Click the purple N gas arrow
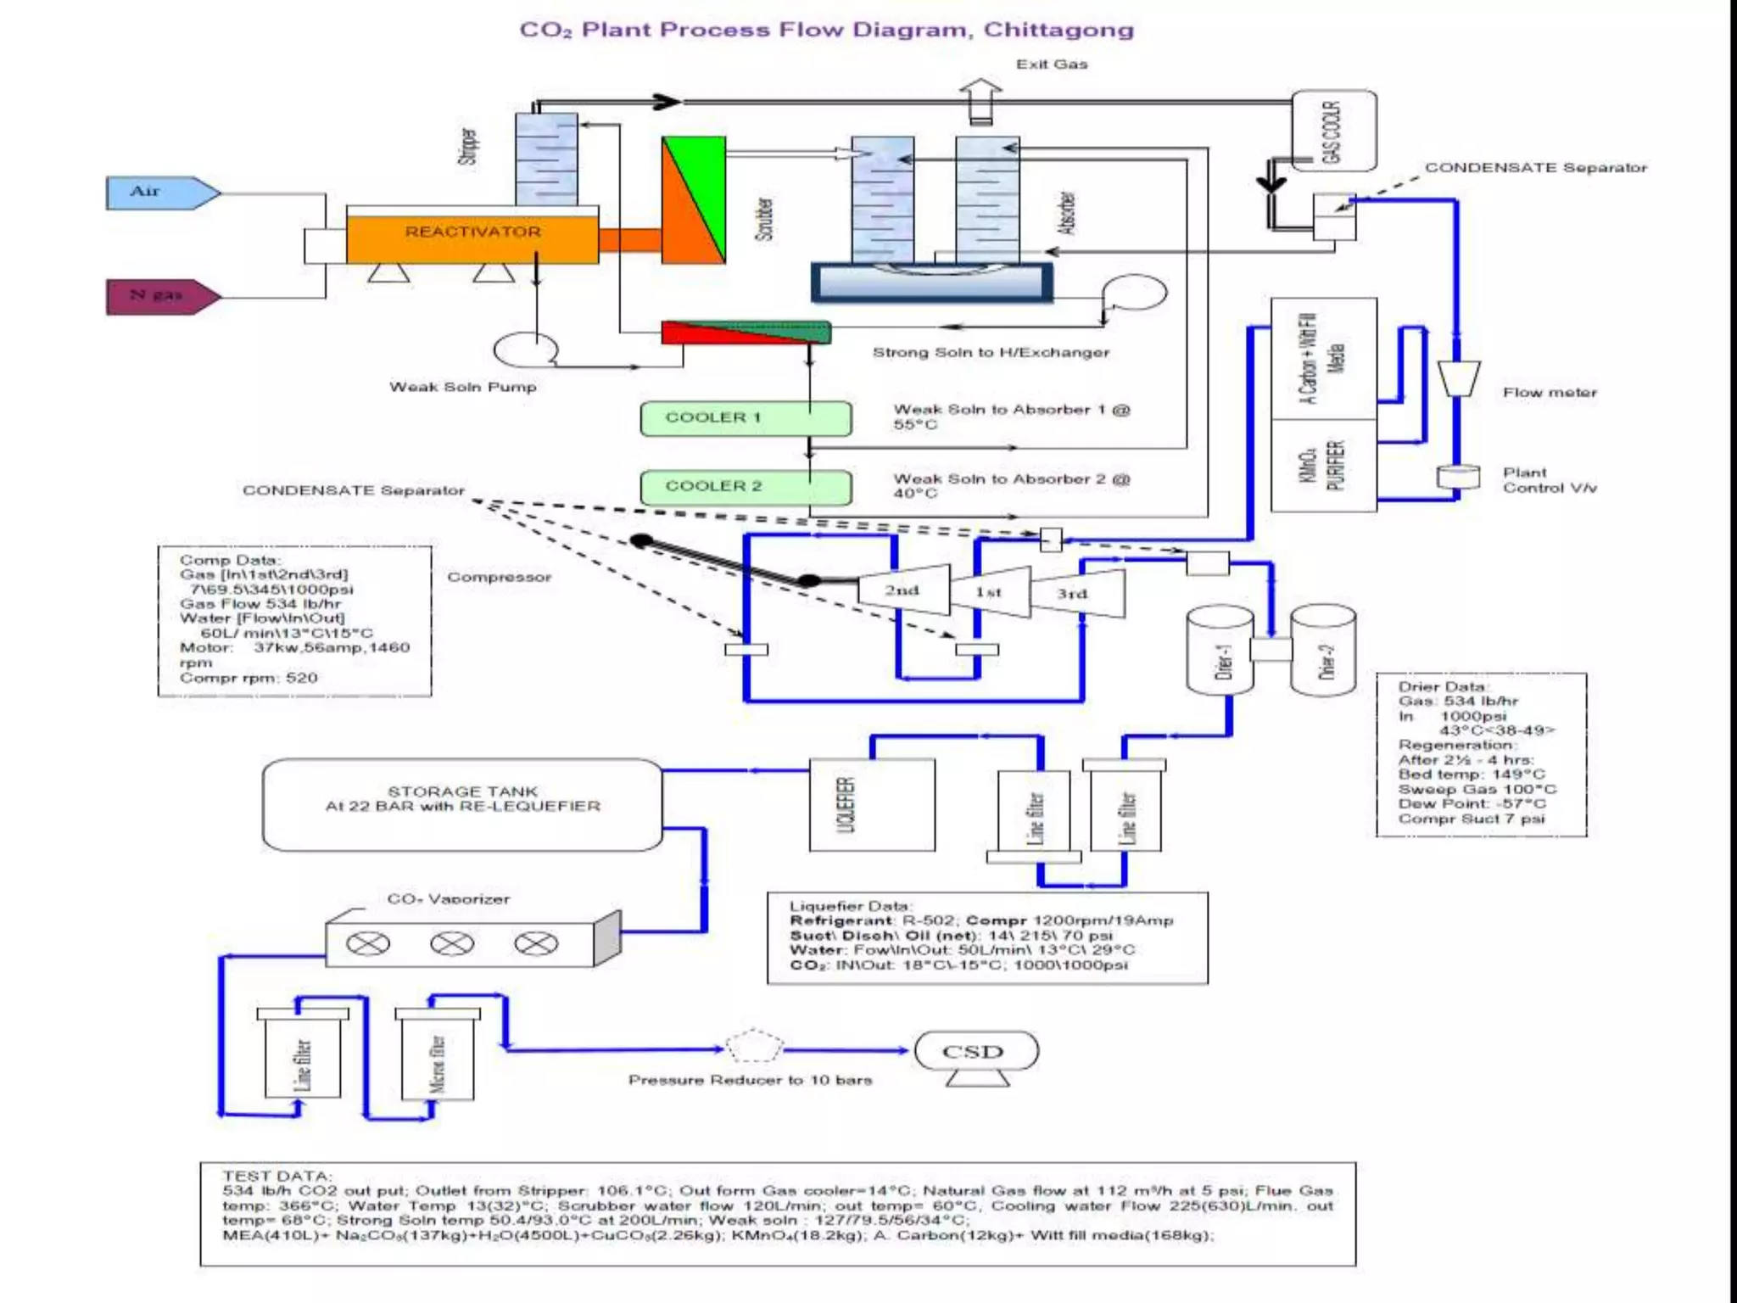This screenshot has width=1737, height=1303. click(159, 296)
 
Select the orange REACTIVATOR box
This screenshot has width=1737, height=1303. click(472, 238)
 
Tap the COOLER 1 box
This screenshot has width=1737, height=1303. click(745, 418)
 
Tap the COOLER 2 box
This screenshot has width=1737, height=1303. click(745, 487)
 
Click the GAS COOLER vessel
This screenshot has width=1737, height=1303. click(1333, 131)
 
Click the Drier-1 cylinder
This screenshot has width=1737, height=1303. click(1220, 651)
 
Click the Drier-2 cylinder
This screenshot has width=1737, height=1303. click(1323, 651)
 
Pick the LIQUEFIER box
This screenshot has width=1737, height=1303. click(872, 804)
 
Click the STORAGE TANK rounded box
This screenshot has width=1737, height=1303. click(462, 804)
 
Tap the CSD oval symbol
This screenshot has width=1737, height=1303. click(975, 1051)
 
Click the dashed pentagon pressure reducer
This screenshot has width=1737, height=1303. click(754, 1048)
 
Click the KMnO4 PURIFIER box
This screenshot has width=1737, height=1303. click(1323, 465)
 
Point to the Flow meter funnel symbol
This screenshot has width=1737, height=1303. click(1458, 377)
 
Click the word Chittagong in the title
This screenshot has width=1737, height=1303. click(1058, 30)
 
